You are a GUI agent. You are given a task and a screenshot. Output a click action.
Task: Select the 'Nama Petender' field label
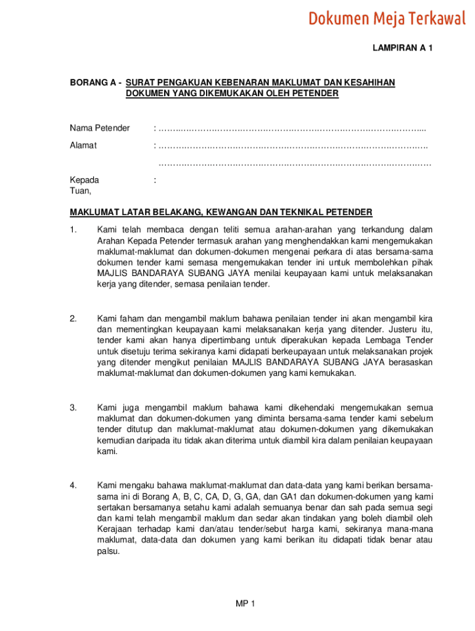(x=100, y=128)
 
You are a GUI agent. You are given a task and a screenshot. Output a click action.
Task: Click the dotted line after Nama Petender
(x=292, y=129)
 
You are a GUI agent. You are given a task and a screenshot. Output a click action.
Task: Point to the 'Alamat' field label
(x=83, y=146)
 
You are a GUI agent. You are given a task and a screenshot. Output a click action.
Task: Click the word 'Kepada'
(x=85, y=181)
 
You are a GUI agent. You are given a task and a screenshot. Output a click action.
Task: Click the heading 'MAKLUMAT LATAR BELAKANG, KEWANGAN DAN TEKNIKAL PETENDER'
(x=221, y=213)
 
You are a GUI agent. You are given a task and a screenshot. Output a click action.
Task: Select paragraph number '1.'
(x=73, y=230)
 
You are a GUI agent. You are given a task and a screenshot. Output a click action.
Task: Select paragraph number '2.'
(x=73, y=319)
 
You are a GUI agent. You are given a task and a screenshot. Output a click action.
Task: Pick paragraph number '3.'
(x=73, y=407)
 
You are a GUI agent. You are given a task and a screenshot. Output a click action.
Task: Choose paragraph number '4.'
(x=73, y=486)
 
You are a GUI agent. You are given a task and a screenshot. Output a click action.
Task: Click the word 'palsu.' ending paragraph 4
(x=109, y=552)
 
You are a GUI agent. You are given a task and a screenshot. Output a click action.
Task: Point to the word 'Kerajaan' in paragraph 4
(x=114, y=529)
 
